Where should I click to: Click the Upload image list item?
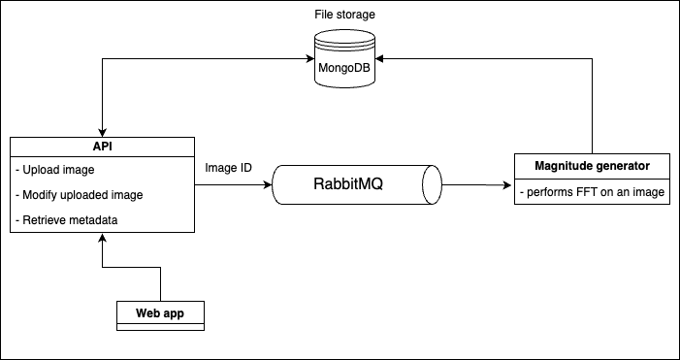click(56, 171)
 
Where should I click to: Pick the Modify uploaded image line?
click(80, 195)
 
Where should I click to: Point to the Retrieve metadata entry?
click(67, 219)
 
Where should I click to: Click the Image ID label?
click(229, 168)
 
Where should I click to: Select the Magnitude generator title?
click(591, 166)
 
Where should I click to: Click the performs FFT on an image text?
click(591, 191)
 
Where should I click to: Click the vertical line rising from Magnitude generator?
click(591, 107)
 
